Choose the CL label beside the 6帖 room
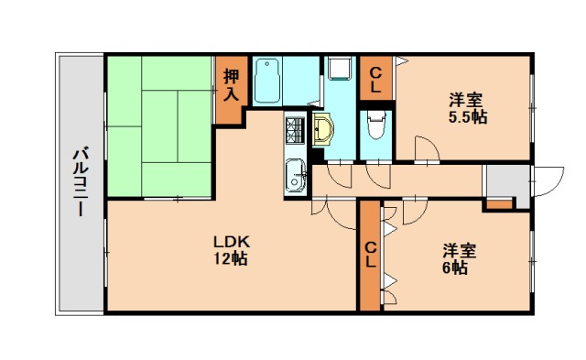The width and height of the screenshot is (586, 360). (369, 254)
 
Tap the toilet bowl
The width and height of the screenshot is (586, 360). (374, 127)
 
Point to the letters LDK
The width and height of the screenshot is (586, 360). (232, 241)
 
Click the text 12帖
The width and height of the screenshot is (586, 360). (232, 258)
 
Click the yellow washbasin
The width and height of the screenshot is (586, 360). (325, 129)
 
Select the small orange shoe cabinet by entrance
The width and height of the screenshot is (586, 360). (499, 203)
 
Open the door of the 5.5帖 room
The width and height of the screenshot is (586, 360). (425, 150)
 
